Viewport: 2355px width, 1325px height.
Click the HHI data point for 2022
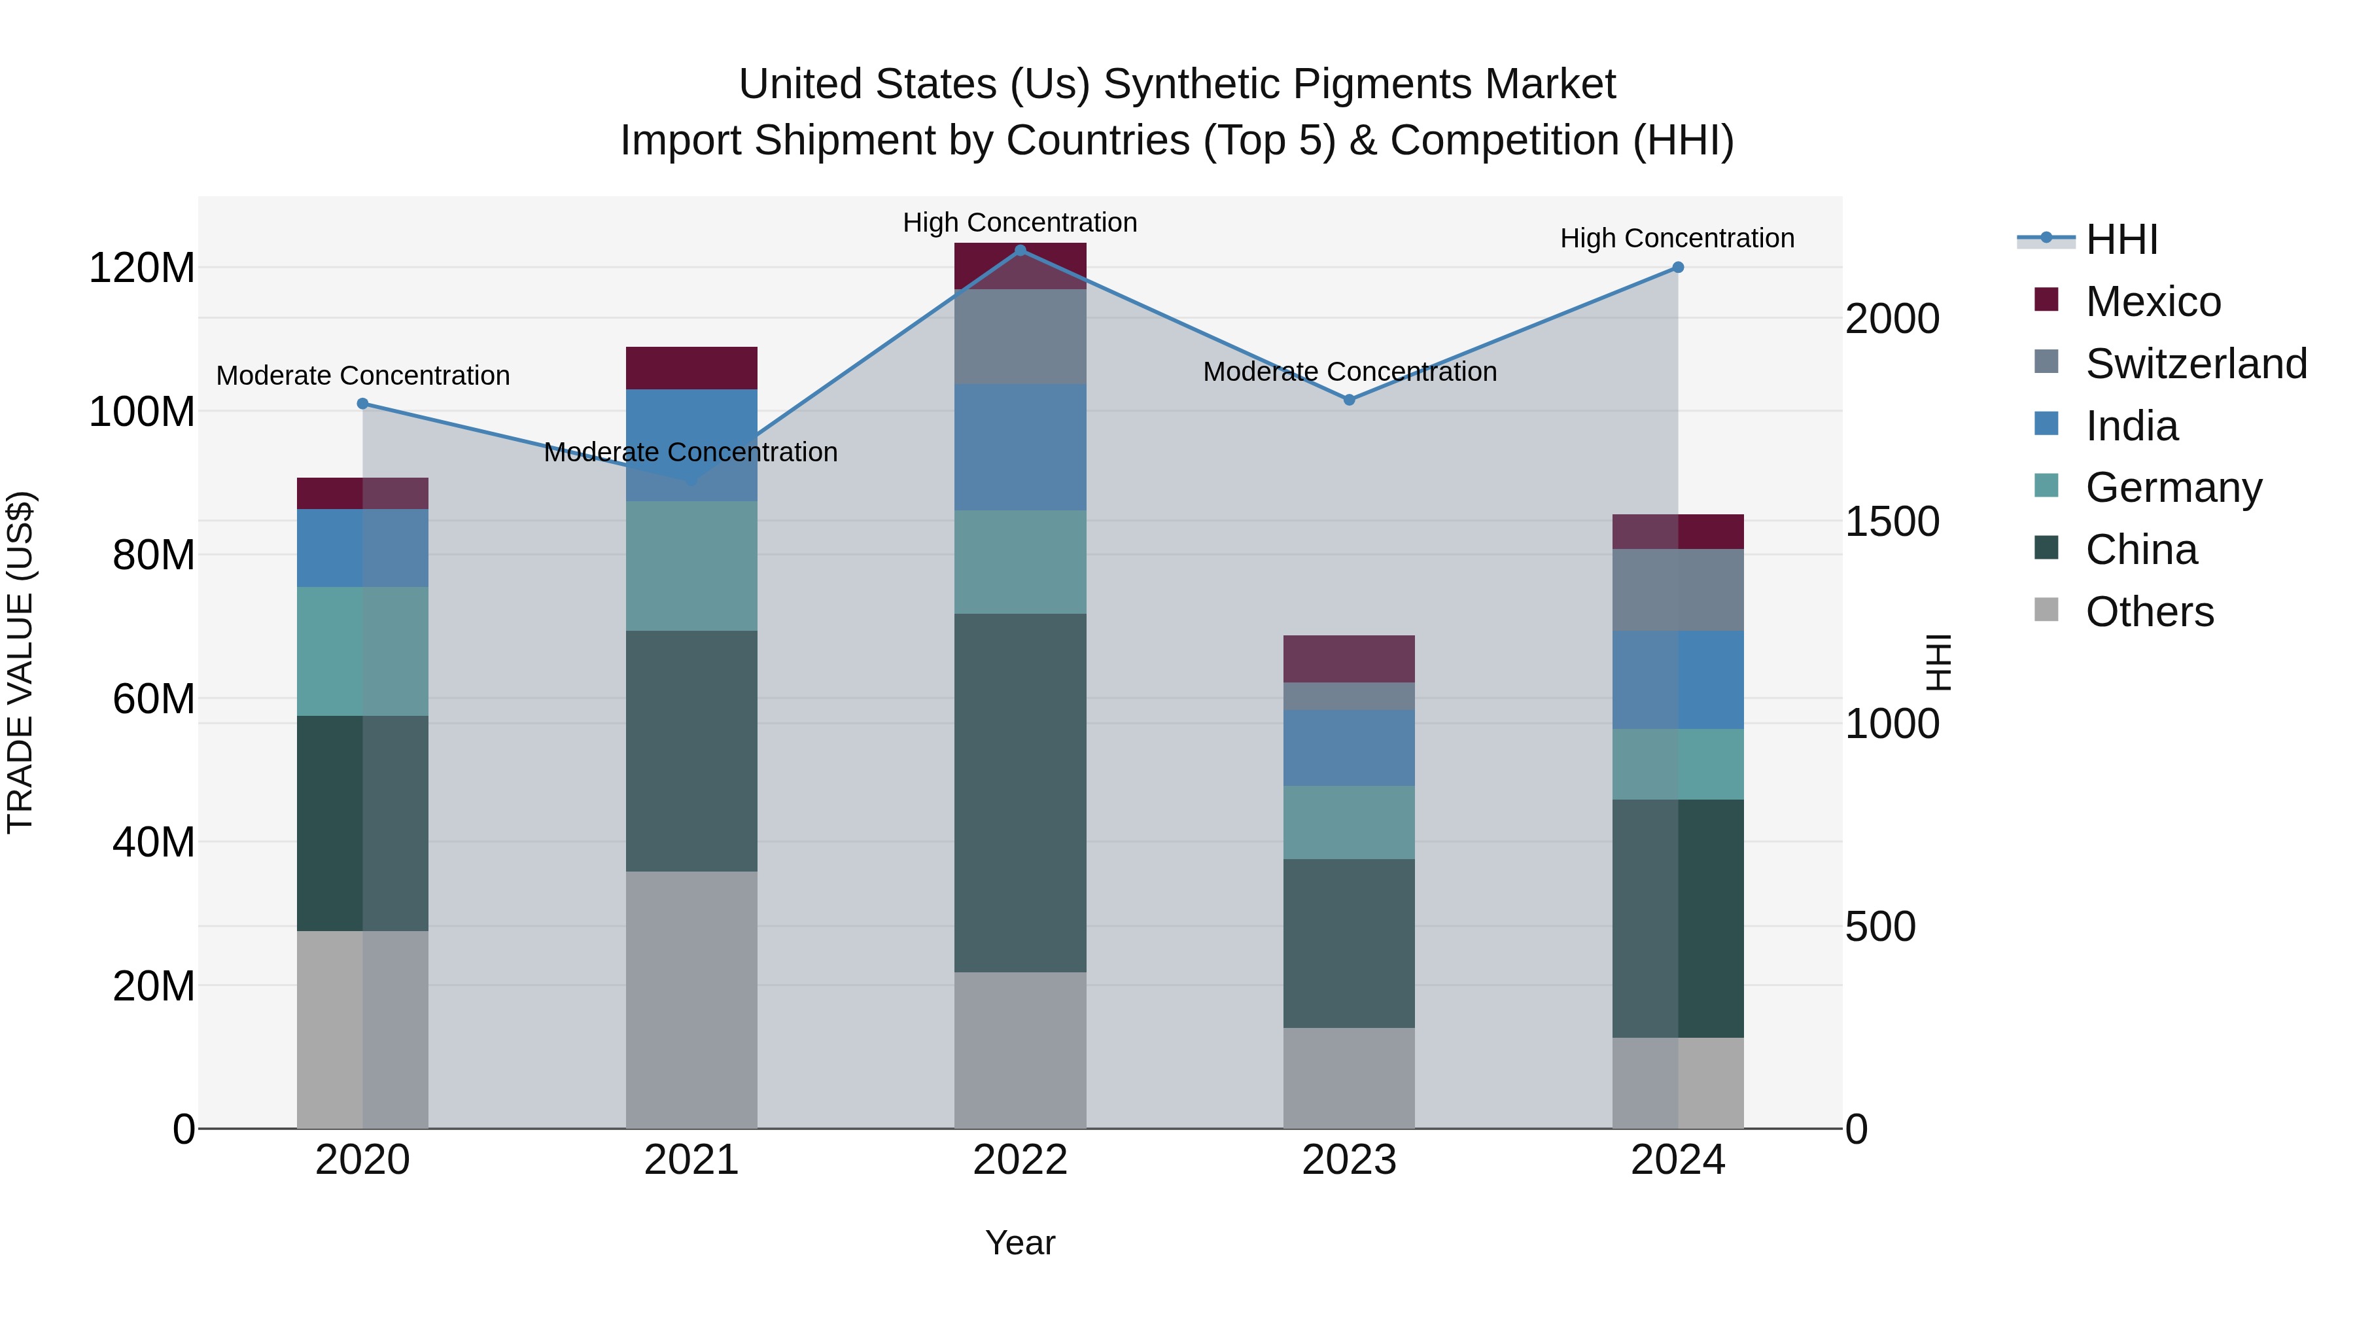tap(1020, 251)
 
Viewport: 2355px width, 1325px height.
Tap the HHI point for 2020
tap(363, 403)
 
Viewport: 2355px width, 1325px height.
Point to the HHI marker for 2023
tap(1350, 400)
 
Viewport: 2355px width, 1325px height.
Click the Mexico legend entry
tap(2152, 302)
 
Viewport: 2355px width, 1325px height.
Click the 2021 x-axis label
tap(691, 1160)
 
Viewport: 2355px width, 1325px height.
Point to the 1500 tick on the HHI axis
tap(1891, 522)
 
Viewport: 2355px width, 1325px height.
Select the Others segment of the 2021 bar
tap(691, 999)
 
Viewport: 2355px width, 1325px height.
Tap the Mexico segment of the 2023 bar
tap(1350, 658)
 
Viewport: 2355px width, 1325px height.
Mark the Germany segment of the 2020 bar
tap(363, 651)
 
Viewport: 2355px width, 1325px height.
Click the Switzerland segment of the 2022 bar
tap(1020, 336)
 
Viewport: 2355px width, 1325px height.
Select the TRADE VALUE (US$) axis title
tap(20, 662)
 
